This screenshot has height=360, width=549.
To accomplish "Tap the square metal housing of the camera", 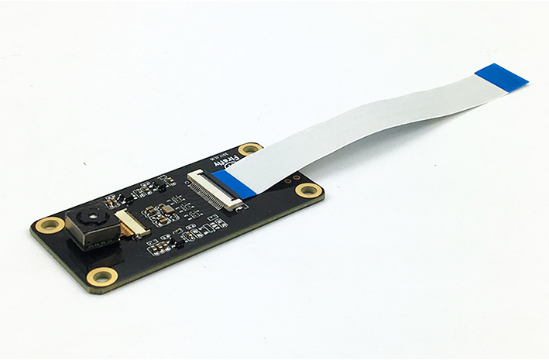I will point(87,227).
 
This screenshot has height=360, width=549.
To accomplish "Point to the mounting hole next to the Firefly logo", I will point(249,148).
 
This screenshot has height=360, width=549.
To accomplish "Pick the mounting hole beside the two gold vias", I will point(308,190).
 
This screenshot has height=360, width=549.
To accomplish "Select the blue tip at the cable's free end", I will point(502,76).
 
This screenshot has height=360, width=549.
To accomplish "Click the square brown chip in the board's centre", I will point(167,211).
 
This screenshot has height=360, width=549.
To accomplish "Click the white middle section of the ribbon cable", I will point(364,124).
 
